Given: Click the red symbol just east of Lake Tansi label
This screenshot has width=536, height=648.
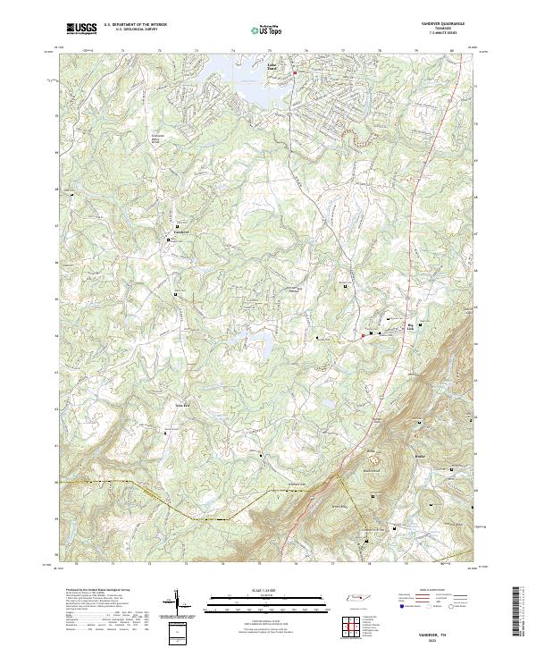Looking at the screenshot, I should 295,61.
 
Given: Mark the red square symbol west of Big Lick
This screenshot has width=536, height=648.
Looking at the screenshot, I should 363,335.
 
